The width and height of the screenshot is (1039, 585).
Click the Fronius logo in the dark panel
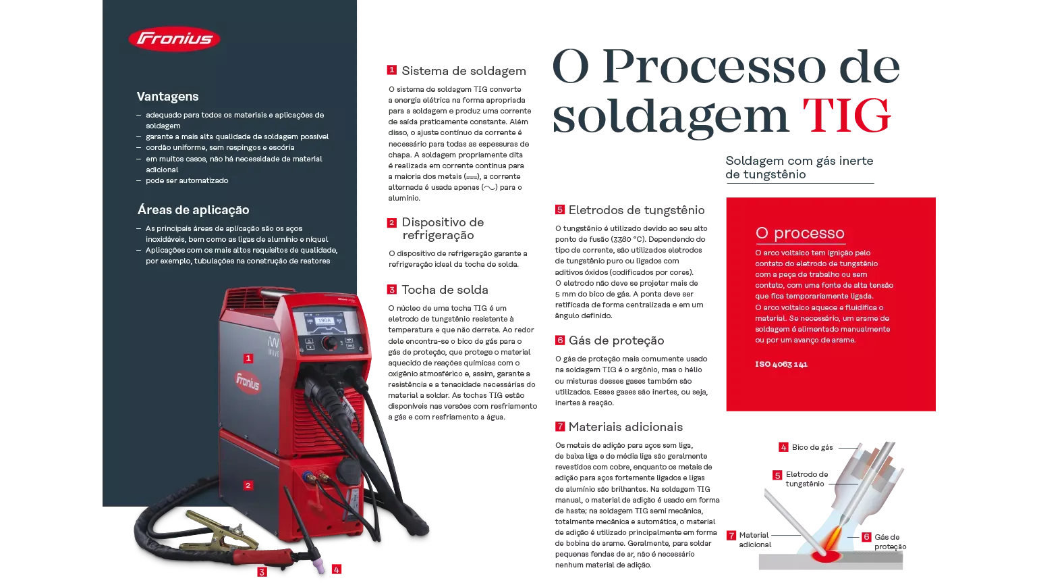tap(174, 39)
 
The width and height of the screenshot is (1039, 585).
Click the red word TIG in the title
tap(847, 115)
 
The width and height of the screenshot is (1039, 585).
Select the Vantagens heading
tap(167, 97)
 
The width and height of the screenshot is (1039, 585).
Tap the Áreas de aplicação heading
tap(193, 210)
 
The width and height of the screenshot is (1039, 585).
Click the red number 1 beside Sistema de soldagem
tap(391, 70)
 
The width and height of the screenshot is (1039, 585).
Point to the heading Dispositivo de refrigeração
tap(443, 228)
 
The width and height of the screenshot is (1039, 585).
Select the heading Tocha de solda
tap(445, 290)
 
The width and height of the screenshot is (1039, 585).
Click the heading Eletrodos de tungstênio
tap(636, 210)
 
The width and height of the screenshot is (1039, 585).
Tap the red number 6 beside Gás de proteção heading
tap(560, 340)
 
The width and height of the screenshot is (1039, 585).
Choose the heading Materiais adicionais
tap(625, 427)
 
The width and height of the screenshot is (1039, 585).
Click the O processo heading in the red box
tap(799, 233)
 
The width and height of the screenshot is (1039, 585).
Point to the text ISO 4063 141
tap(781, 364)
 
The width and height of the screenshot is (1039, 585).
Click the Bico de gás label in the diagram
tap(812, 448)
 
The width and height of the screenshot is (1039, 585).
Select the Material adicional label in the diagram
tap(755, 540)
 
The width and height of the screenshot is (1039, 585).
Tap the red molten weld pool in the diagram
tap(826, 556)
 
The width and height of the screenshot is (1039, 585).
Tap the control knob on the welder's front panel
tap(330, 344)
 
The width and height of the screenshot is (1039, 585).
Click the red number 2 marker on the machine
tap(248, 486)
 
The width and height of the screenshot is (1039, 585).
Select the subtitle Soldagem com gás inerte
tap(799, 161)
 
